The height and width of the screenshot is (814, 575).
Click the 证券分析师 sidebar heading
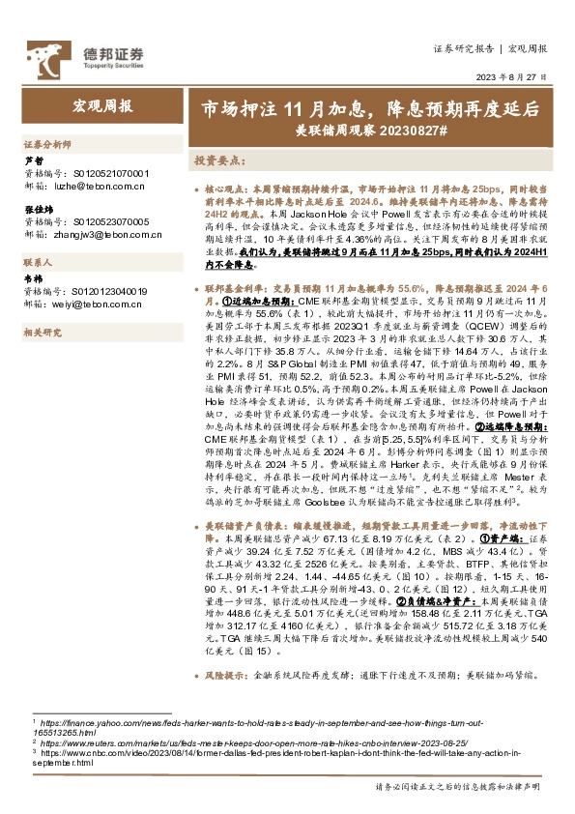pos(47,143)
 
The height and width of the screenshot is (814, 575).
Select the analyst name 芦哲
pos(33,160)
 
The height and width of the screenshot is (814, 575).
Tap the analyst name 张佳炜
pos(38,209)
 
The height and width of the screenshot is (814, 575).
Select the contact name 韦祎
pos(33,279)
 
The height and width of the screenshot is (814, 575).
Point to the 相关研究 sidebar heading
pos(43,332)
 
